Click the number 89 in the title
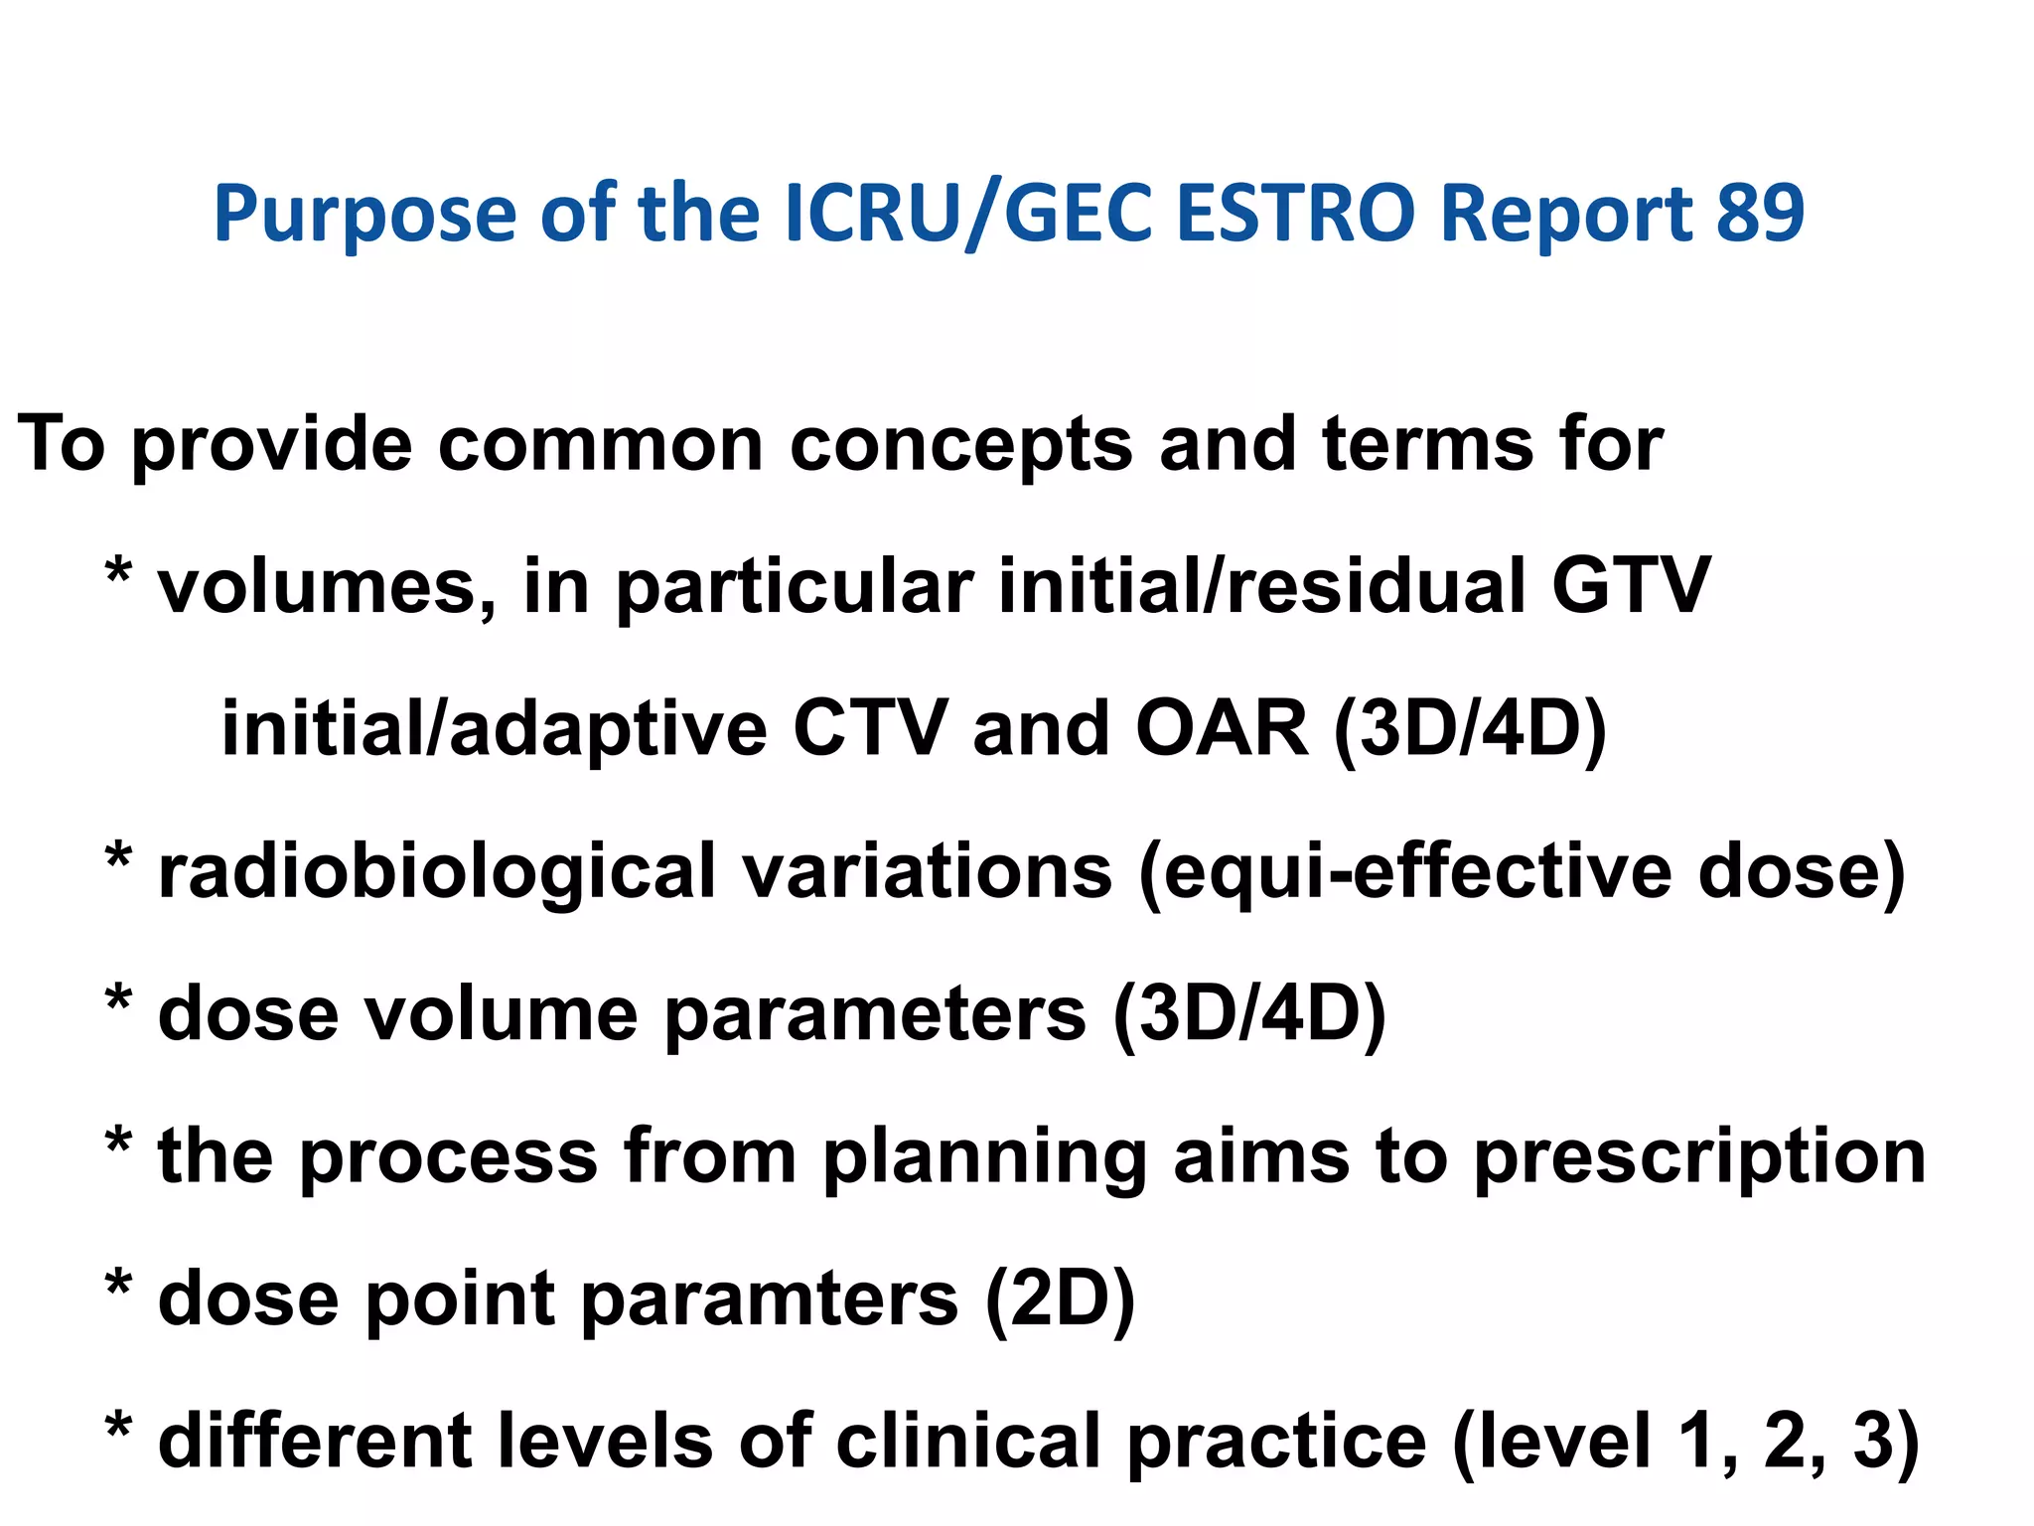(x=1759, y=214)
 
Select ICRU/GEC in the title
(x=967, y=214)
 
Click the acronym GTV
(x=1630, y=586)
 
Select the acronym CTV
(x=869, y=729)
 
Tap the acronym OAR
(x=1221, y=729)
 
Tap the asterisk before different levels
(x=118, y=1431)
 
